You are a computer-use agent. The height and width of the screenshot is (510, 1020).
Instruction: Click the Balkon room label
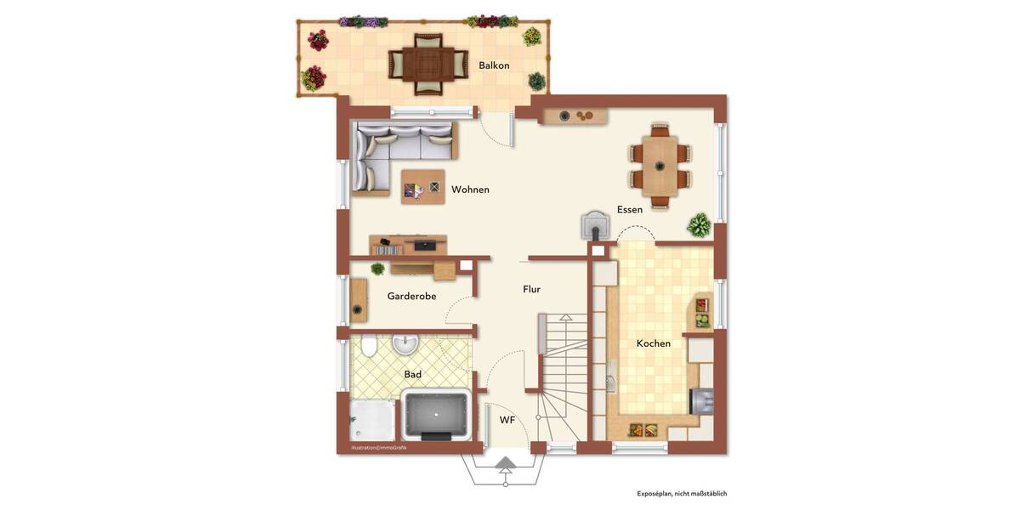point(494,65)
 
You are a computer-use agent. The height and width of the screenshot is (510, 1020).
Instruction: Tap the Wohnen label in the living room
point(470,190)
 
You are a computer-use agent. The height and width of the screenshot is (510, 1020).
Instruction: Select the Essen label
point(630,210)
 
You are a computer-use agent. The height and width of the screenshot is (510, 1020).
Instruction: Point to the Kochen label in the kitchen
point(654,343)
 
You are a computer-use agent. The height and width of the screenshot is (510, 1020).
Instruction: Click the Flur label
point(531,290)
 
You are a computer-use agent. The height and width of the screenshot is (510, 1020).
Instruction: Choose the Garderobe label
point(411,297)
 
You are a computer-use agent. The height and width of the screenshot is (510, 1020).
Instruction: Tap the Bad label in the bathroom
point(413,374)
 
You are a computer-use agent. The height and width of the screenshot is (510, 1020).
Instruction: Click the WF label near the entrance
point(507,420)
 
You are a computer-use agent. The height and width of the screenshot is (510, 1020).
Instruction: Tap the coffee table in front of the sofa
point(423,187)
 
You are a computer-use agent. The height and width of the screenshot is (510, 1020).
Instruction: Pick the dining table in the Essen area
point(660,166)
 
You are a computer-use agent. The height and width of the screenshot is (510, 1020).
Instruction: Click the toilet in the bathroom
point(369,347)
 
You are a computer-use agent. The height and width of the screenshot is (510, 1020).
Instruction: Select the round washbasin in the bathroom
point(406,343)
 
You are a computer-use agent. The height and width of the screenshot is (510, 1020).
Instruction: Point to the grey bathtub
point(436,415)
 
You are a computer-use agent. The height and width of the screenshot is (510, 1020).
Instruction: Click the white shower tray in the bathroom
point(372,420)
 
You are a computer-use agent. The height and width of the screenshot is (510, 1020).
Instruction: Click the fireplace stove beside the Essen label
point(595,224)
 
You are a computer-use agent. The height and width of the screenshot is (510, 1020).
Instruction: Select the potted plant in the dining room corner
point(699,225)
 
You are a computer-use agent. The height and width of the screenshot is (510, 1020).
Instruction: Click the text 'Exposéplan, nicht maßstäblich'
point(682,494)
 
